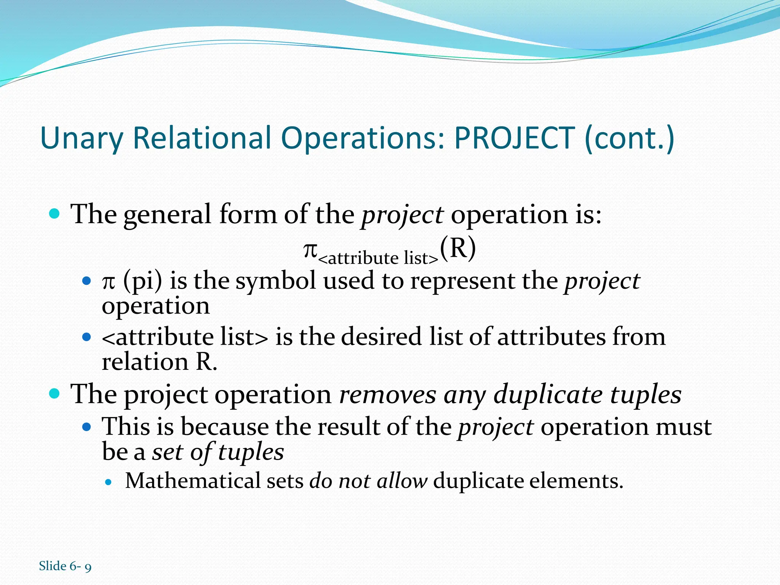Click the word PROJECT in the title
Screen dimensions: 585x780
(x=514, y=138)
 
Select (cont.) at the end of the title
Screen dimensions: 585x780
(x=629, y=138)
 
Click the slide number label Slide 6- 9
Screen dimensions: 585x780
(x=65, y=566)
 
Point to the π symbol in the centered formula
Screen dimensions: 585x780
(x=310, y=251)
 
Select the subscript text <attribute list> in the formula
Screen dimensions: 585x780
(x=378, y=259)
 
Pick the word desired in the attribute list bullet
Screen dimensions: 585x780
(x=381, y=337)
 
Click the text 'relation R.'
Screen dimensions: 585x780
(x=159, y=362)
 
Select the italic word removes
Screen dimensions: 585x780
(x=387, y=394)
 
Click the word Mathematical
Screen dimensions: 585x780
(x=193, y=481)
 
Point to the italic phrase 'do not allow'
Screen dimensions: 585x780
(x=368, y=481)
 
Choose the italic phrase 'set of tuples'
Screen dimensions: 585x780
(x=218, y=452)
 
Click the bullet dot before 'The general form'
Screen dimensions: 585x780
(x=55, y=214)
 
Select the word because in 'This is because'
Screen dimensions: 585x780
(x=224, y=427)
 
